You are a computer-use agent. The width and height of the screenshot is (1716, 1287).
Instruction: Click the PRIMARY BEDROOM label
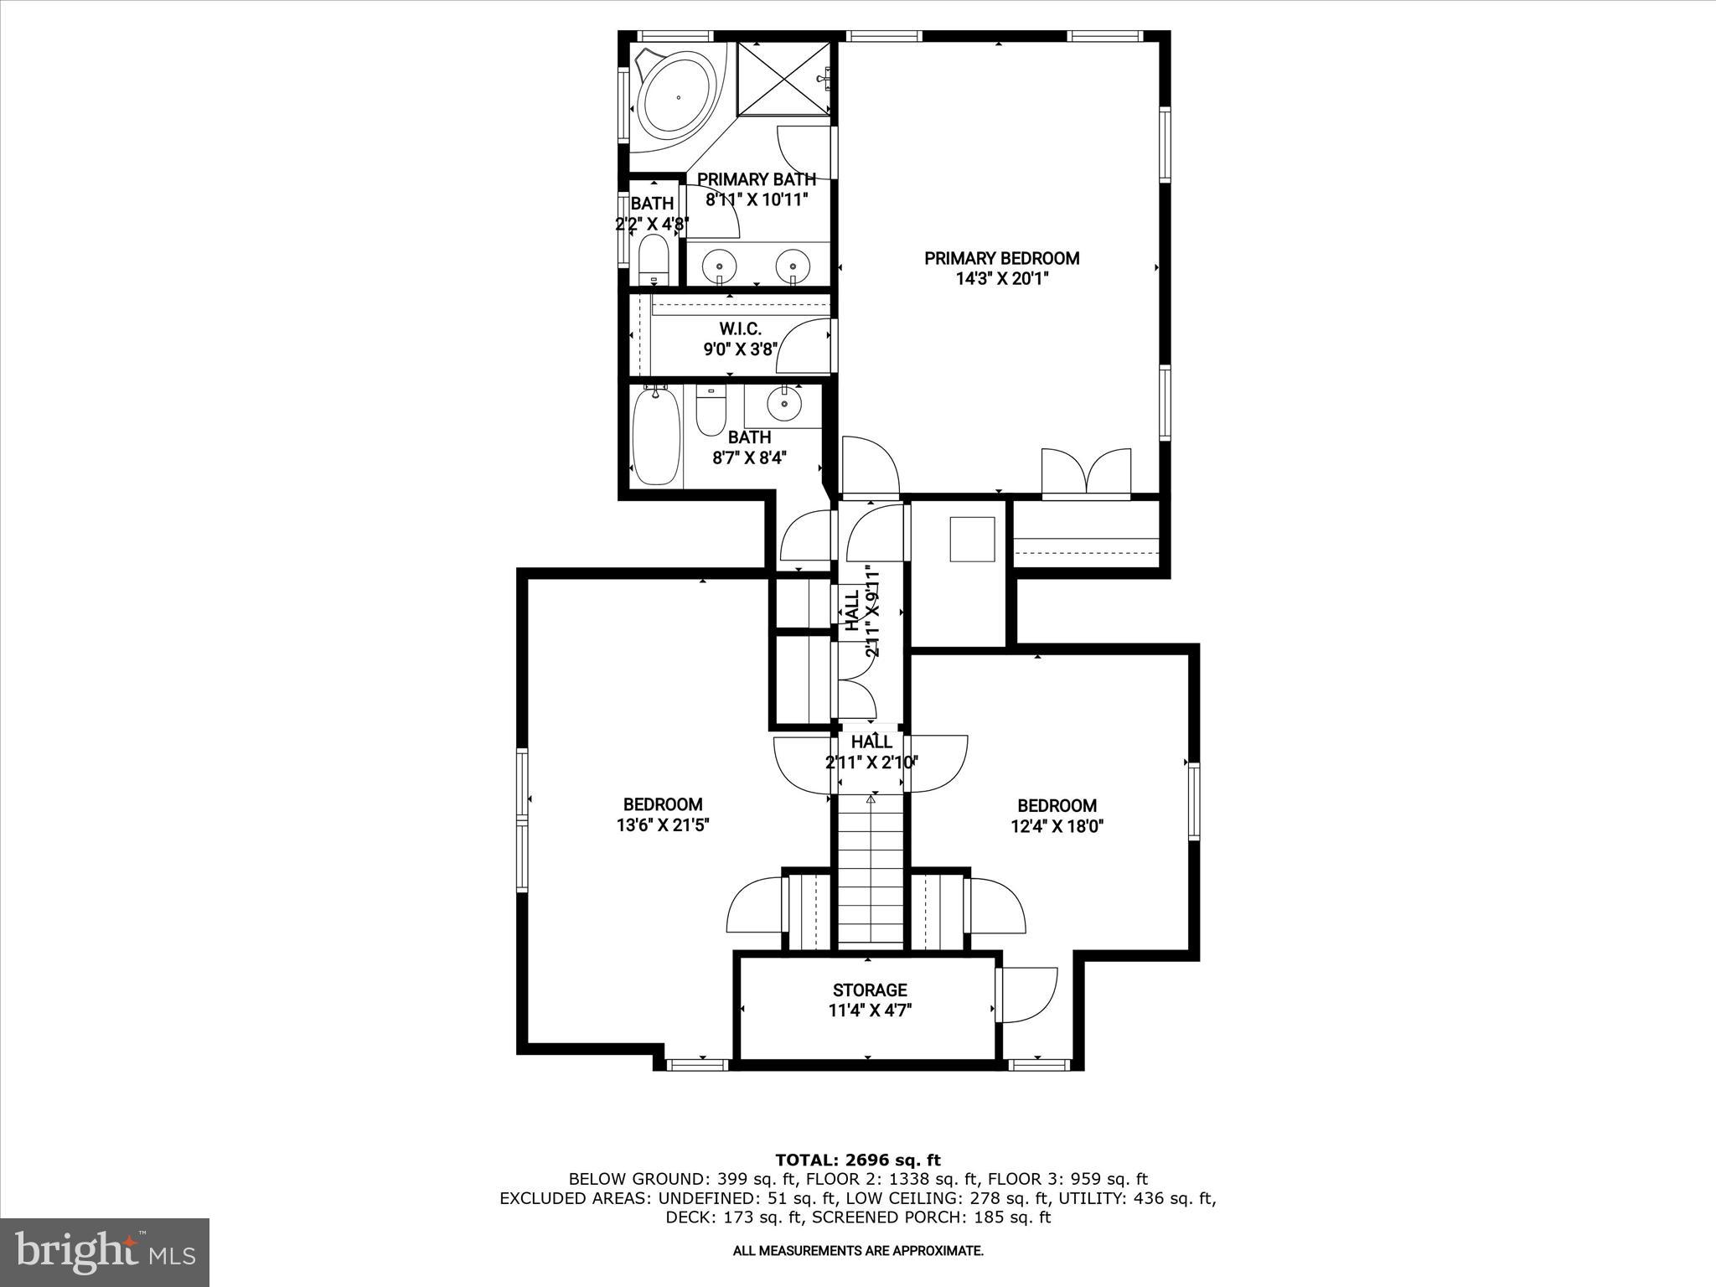tap(1001, 258)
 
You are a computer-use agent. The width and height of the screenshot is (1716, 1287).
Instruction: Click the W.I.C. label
tap(740, 329)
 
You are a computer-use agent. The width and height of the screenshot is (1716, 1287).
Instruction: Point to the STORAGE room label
tap(870, 990)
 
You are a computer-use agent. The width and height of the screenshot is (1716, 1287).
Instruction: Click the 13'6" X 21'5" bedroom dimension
tap(663, 825)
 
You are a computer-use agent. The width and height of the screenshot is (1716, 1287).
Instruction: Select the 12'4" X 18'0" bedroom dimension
tap(1057, 826)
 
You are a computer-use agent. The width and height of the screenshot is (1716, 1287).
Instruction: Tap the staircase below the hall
tap(871, 871)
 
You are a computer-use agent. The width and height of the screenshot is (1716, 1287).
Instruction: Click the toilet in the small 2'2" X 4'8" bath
tap(653, 261)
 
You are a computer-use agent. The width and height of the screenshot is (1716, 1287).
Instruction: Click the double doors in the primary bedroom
tap(1086, 474)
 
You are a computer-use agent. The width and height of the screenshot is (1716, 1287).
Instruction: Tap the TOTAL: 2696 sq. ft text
tap(857, 1160)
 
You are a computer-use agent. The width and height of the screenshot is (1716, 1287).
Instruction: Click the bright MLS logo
tap(105, 1252)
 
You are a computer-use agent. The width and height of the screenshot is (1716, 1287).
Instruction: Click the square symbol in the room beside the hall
tap(972, 539)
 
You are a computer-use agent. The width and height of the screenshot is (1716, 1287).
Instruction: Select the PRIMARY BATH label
tap(756, 179)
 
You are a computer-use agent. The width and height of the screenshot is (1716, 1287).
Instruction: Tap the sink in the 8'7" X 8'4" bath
tap(784, 405)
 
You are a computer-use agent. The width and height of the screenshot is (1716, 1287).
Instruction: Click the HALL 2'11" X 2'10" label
tap(871, 752)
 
